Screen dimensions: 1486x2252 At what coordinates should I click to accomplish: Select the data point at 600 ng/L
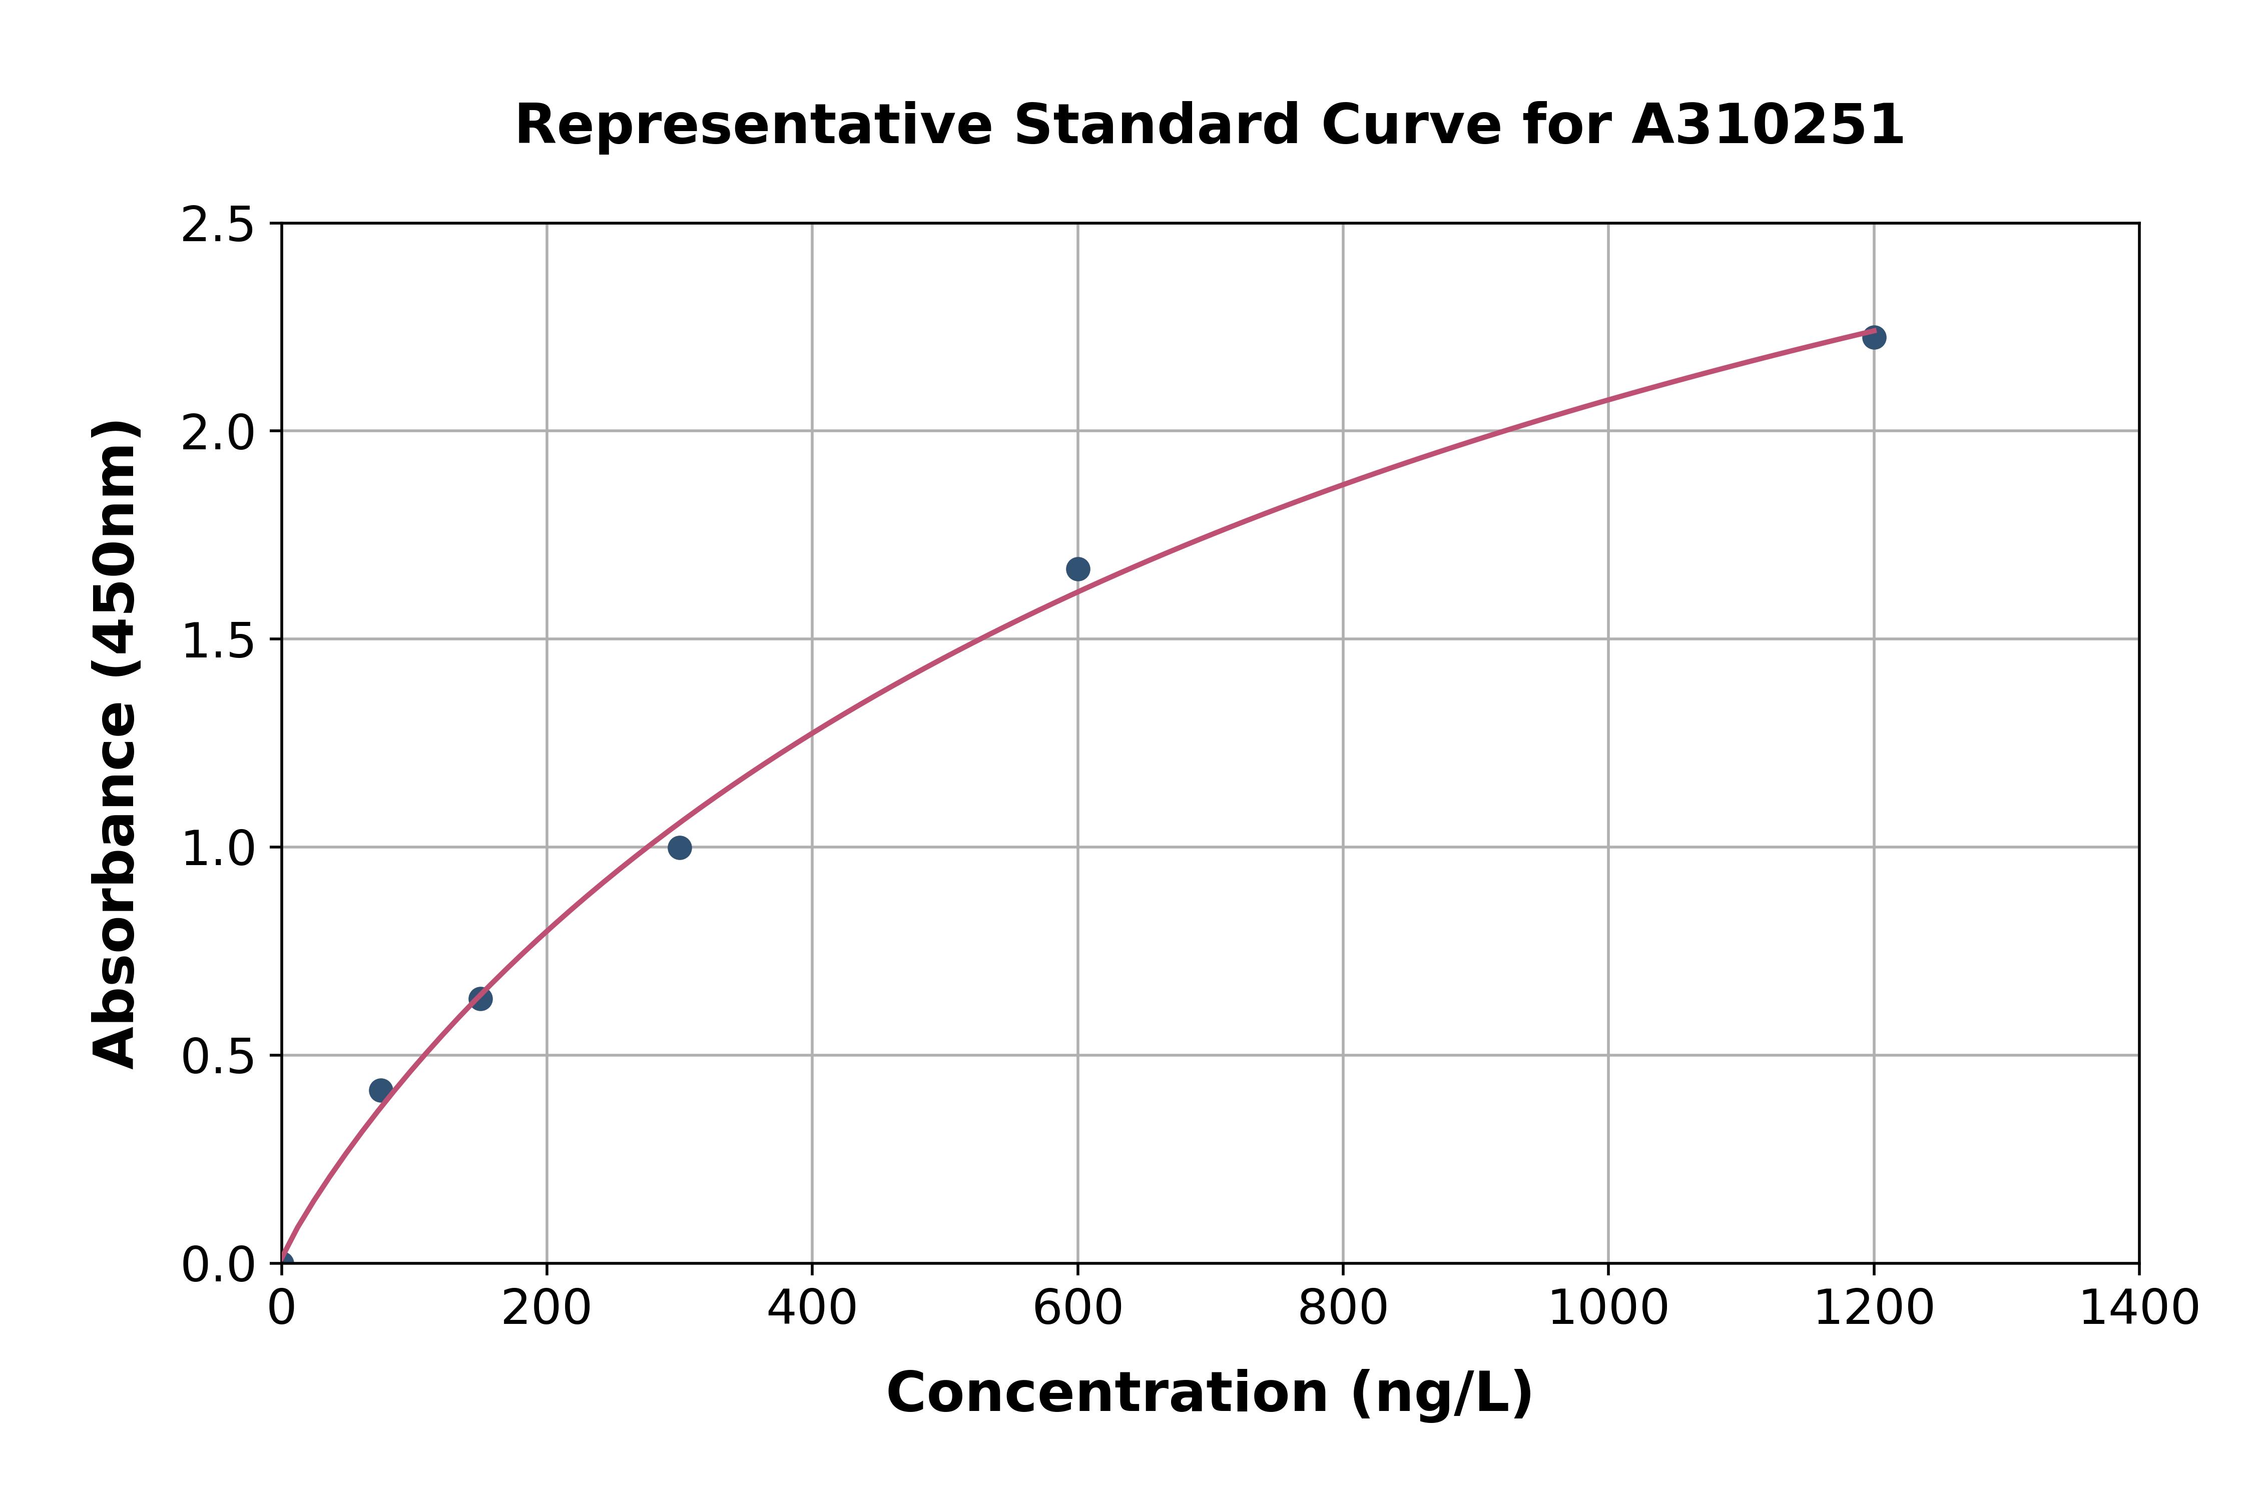coord(1077,568)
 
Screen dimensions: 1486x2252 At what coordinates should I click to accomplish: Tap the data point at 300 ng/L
coord(680,847)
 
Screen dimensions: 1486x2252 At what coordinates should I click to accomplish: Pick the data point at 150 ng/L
coord(480,998)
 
